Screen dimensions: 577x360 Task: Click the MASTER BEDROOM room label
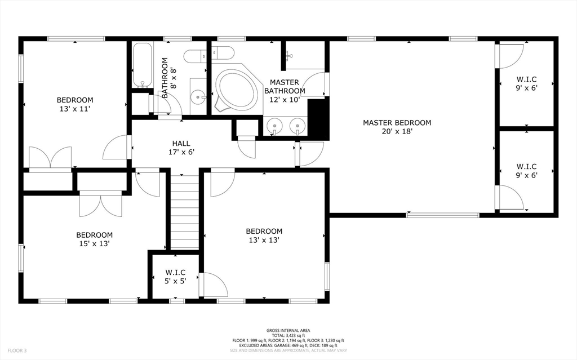pos(397,123)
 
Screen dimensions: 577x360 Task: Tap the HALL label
pos(181,143)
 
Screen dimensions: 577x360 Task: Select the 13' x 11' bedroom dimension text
pos(75,109)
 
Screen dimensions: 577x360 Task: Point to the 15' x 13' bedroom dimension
pos(95,244)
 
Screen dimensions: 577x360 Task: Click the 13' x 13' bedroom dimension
pos(264,240)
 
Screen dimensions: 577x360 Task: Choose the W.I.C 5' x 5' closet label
pos(175,277)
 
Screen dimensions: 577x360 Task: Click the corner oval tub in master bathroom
pos(236,88)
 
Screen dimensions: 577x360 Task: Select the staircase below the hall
pos(185,212)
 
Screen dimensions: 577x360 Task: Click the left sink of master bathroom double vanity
pos(274,126)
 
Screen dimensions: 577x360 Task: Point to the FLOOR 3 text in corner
pos(17,351)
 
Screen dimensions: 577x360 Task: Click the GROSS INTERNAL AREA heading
pos(288,331)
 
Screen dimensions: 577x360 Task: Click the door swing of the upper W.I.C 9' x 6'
pos(510,56)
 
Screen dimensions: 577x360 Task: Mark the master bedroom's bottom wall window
pos(443,215)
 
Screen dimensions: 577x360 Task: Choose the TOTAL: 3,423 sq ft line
pos(288,336)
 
